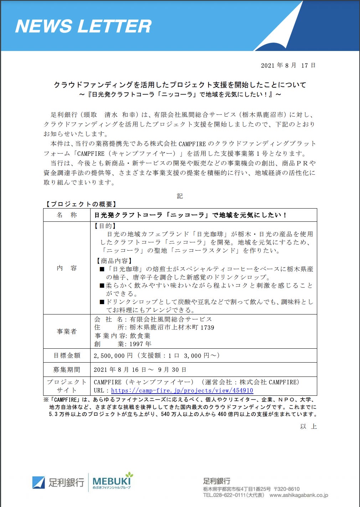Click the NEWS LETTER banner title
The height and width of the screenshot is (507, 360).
point(83,26)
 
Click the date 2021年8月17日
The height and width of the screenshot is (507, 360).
point(288,65)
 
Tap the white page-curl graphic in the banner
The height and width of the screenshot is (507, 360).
point(282,30)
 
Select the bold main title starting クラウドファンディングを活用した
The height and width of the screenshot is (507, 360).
point(180,85)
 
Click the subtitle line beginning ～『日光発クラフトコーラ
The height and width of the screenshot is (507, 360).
point(180,94)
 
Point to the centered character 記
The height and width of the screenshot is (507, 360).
point(180,196)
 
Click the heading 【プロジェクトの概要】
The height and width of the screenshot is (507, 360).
point(81,204)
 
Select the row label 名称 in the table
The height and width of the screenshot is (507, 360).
point(67,215)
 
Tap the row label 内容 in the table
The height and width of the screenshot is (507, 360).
point(67,268)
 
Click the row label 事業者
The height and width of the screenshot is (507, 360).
point(67,332)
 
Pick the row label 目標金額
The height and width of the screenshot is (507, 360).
point(67,355)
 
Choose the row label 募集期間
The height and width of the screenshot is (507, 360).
point(67,370)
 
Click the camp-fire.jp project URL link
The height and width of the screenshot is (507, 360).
point(182,391)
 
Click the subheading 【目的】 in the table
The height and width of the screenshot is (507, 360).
point(106,226)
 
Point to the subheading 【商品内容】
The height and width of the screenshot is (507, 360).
point(114,261)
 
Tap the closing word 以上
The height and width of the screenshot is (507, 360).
point(308,426)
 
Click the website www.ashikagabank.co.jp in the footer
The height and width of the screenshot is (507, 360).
point(299,495)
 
